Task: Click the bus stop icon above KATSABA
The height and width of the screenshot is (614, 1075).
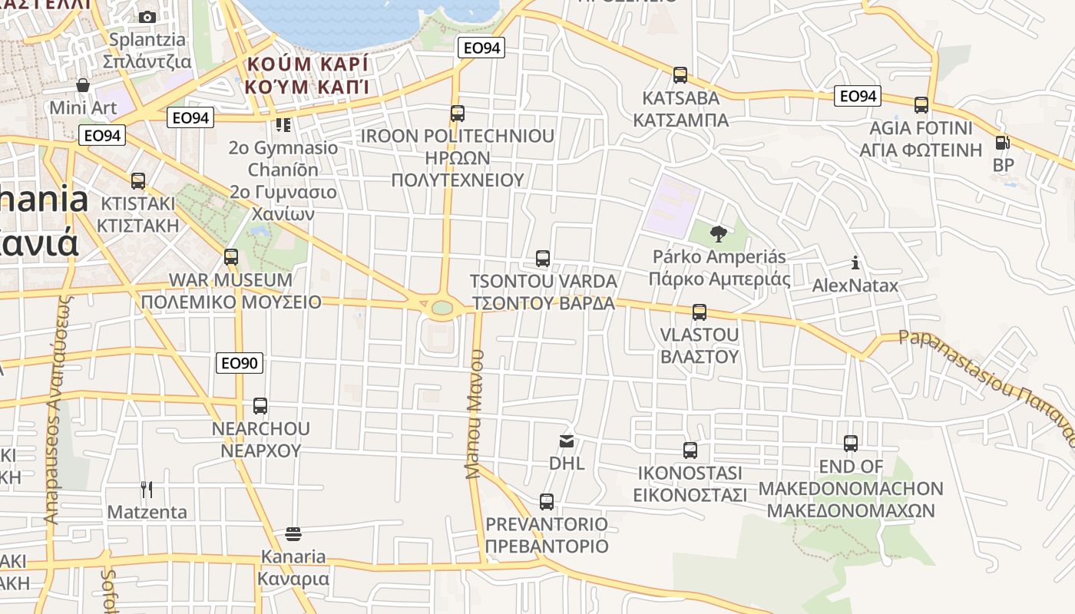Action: pyautogui.click(x=680, y=75)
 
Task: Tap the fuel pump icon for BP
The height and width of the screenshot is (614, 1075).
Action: pyautogui.click(x=1002, y=143)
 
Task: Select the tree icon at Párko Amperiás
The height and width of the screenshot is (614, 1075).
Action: pyautogui.click(x=719, y=234)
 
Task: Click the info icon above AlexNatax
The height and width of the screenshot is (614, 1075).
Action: pyautogui.click(x=855, y=263)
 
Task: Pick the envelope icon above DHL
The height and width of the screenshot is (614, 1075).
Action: pyautogui.click(x=567, y=441)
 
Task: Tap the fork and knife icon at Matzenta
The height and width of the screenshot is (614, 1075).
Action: pyautogui.click(x=147, y=489)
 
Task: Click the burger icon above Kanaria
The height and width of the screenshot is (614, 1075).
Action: pyautogui.click(x=293, y=533)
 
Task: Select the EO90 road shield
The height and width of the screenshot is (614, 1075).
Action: pyautogui.click(x=240, y=363)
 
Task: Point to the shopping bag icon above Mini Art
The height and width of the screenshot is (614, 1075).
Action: pyautogui.click(x=83, y=84)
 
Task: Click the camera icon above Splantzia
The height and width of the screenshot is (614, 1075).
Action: pyautogui.click(x=147, y=17)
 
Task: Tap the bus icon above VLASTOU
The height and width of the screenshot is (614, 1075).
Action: pyautogui.click(x=699, y=312)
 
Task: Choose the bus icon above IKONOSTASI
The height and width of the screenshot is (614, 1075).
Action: pyautogui.click(x=690, y=451)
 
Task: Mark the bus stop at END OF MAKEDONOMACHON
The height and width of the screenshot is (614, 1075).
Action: pyautogui.click(x=850, y=444)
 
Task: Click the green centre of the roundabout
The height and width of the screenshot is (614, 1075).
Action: pyautogui.click(x=442, y=308)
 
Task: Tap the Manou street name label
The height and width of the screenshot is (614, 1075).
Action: pyautogui.click(x=476, y=414)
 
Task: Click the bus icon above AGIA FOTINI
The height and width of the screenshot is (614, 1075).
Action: pyautogui.click(x=921, y=105)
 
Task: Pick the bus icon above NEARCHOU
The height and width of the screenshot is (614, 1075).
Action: pyautogui.click(x=260, y=406)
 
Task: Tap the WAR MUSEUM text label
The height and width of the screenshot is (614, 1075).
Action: pyautogui.click(x=230, y=280)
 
